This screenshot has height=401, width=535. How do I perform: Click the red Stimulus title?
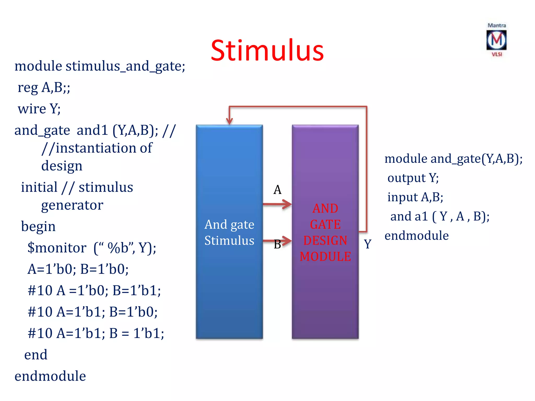pos(267,50)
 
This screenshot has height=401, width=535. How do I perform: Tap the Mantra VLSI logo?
pos(496,40)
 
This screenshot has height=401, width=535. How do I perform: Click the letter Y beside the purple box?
pos(368,244)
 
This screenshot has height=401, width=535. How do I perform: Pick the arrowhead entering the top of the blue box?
pos(229,121)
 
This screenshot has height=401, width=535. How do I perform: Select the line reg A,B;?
pos(44,87)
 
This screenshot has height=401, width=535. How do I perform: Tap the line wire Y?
pos(39,109)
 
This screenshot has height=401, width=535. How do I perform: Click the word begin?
pos(38,226)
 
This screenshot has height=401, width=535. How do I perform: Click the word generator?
pos(72,205)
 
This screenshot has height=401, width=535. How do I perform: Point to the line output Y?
pos(413,178)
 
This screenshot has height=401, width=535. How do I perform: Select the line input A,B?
pos(415,197)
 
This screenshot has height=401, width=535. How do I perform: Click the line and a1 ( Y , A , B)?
pos(440,216)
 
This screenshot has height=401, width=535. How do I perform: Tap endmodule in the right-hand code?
pos(416,235)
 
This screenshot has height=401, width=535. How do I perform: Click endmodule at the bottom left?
pos(50,376)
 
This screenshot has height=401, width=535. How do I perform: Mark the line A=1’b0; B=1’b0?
pos(78,269)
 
